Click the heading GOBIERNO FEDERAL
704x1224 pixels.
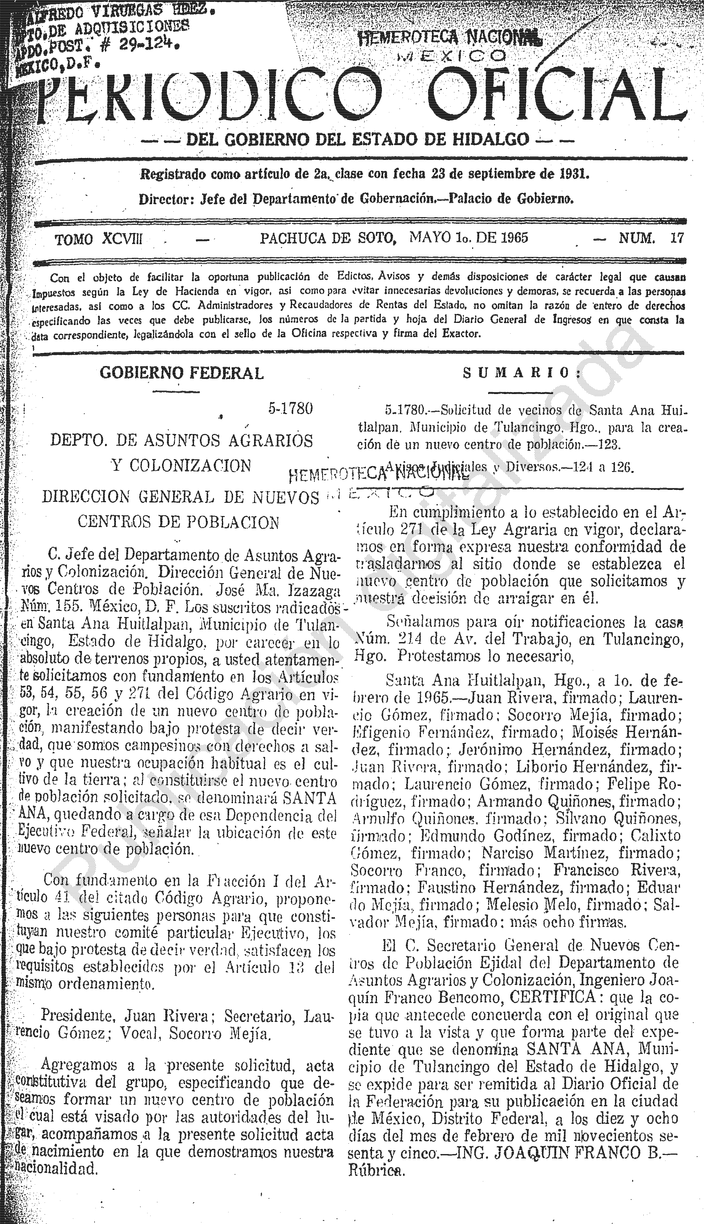182,373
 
